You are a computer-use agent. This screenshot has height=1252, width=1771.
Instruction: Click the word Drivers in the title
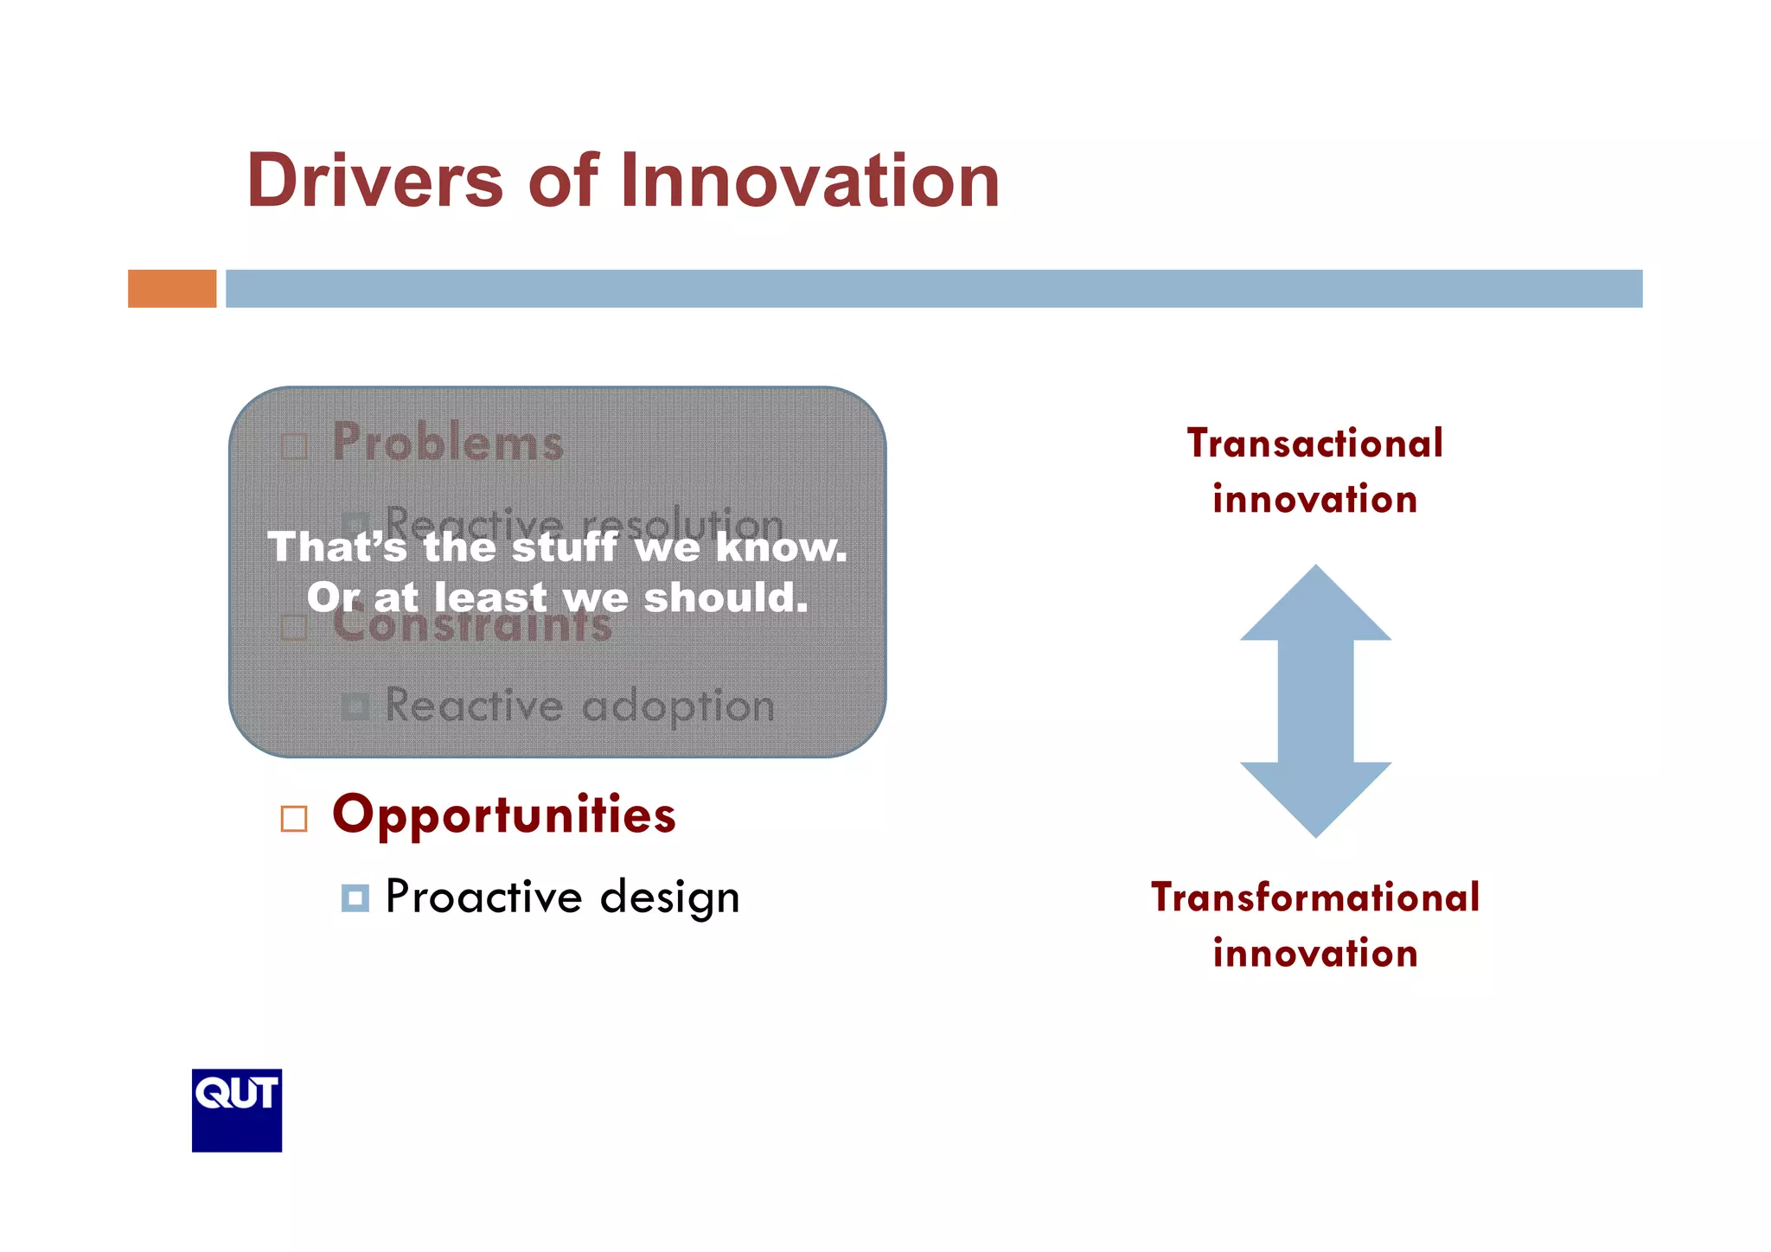(374, 181)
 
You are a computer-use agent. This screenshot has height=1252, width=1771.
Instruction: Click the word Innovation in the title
(809, 181)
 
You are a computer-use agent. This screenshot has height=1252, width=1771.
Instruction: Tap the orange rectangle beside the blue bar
(172, 289)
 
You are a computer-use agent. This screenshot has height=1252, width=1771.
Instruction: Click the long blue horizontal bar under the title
(934, 289)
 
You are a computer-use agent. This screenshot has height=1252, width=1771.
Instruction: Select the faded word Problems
(448, 443)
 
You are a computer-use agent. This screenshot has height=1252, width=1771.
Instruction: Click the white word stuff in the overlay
(565, 548)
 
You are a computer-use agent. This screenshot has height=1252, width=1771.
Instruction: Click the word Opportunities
(504, 815)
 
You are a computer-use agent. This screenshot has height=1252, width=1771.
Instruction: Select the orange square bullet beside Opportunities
(294, 819)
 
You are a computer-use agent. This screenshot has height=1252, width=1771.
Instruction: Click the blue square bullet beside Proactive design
(355, 898)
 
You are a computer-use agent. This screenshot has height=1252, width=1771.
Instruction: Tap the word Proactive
(483, 897)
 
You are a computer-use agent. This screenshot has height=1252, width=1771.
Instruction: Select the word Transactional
(1314, 444)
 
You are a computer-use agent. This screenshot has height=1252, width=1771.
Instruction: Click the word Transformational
(1314, 897)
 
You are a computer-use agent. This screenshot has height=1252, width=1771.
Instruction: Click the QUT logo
(237, 1110)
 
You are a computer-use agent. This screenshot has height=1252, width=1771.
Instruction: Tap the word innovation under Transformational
(1314, 954)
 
